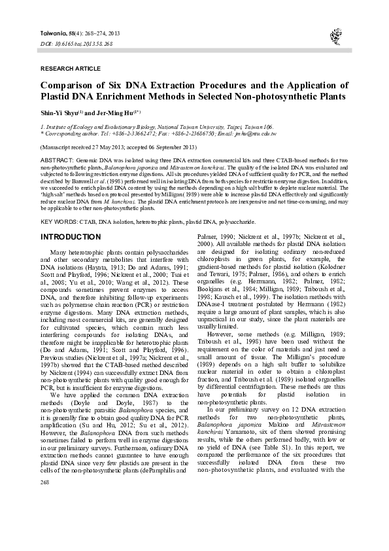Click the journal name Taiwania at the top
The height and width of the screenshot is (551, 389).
coord(55,32)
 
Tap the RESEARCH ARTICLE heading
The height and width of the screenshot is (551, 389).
coord(67,68)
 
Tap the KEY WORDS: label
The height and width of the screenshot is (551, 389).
coord(59,222)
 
